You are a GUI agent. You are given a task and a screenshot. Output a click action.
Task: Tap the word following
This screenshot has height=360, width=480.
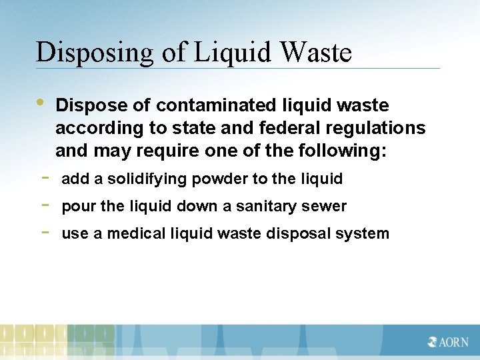[x=343, y=151]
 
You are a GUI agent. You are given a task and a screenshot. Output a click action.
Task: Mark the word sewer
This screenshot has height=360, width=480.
[x=327, y=206]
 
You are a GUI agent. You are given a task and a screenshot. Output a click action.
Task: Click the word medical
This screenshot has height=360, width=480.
[x=133, y=233]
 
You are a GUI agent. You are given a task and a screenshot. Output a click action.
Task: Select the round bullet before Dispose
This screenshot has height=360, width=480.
[x=41, y=102]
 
